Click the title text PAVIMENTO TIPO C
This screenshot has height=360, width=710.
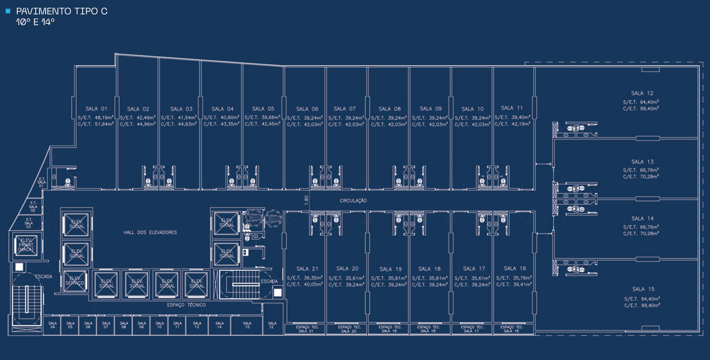[x=62, y=11]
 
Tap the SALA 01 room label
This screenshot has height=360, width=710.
[x=96, y=109]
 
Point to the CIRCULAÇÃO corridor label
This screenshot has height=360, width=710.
[x=353, y=201]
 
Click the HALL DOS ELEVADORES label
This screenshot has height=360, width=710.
[x=150, y=232]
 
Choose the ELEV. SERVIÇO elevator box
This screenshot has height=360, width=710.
[x=75, y=282]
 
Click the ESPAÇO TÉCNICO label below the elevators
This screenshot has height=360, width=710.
[x=187, y=305]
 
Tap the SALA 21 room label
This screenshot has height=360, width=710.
[x=307, y=269]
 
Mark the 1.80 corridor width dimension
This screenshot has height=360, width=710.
[x=306, y=200]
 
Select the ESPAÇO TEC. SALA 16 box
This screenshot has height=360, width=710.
[x=511, y=329]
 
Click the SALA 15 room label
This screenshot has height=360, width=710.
[x=643, y=289]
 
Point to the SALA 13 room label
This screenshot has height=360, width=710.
[x=642, y=162]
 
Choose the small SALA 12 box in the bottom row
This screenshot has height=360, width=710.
[x=272, y=325]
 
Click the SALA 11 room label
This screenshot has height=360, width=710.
[x=512, y=108]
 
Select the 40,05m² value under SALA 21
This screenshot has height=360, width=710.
[x=311, y=285]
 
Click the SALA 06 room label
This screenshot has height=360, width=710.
[x=307, y=109]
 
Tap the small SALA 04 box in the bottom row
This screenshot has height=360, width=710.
[x=52, y=325]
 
